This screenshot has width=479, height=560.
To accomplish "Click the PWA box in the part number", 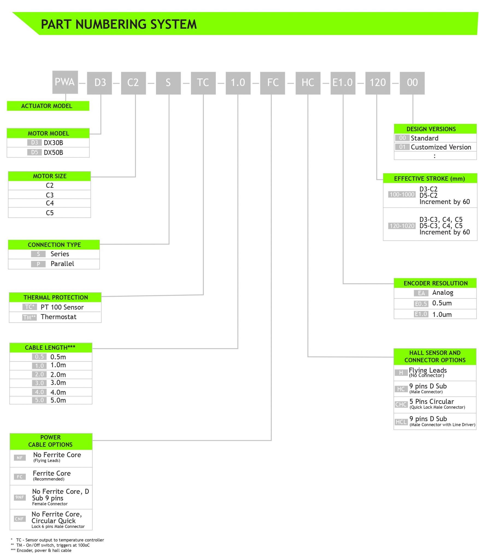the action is [x=65, y=82].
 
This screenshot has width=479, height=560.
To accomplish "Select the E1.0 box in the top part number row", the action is [x=343, y=83].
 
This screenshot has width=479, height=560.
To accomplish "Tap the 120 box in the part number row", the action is [x=378, y=83].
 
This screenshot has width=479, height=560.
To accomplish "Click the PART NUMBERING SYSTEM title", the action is [x=119, y=24].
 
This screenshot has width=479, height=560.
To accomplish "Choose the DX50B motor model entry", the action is [x=53, y=152].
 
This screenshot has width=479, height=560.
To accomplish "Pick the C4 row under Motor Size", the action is [x=50, y=203].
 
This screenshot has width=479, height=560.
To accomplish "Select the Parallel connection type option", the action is [x=62, y=264].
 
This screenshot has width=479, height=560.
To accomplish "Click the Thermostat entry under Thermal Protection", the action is [x=58, y=317].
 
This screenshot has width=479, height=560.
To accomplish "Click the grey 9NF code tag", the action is [x=20, y=497].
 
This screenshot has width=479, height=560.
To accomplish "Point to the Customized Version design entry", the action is [x=441, y=147].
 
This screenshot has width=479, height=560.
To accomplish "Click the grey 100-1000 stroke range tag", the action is [x=402, y=194].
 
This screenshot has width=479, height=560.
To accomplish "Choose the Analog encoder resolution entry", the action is [x=443, y=293].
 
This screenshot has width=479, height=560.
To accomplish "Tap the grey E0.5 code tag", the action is [x=421, y=304].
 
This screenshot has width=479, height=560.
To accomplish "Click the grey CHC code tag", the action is [x=401, y=404].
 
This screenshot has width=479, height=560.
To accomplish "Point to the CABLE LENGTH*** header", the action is [x=50, y=348].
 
